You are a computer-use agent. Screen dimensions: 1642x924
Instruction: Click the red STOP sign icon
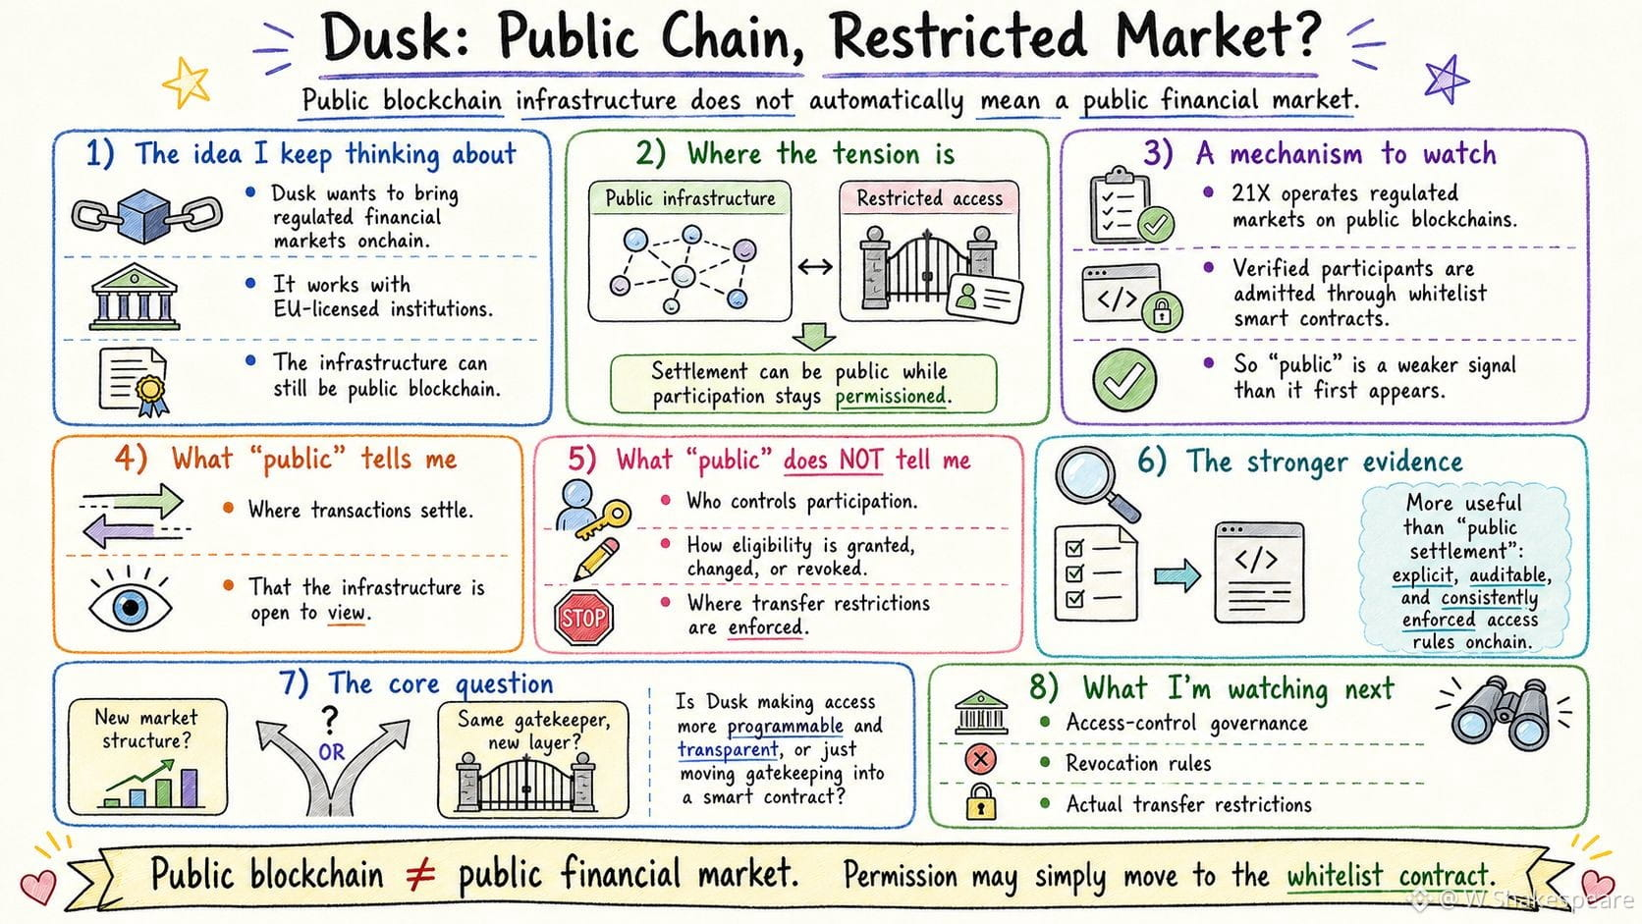pyautogui.click(x=583, y=618)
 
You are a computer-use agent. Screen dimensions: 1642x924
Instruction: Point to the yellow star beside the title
pyautogui.click(x=187, y=82)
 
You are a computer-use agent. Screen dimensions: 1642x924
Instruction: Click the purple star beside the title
pyautogui.click(x=1446, y=80)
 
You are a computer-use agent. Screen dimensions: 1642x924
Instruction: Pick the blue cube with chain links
pyautogui.click(x=146, y=216)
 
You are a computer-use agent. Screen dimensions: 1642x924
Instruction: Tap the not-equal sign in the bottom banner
pyautogui.click(x=420, y=875)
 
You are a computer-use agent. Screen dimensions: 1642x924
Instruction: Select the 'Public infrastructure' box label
pyautogui.click(x=689, y=198)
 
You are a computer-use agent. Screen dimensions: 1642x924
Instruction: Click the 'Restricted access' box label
pyautogui.click(x=929, y=198)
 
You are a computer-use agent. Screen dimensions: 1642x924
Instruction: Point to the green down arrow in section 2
pyautogui.click(x=814, y=337)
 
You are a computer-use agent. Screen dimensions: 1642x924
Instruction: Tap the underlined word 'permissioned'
pyautogui.click(x=892, y=397)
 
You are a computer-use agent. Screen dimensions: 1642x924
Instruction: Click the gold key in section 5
pyautogui.click(x=604, y=518)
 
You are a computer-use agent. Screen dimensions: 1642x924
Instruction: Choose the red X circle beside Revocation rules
pyautogui.click(x=980, y=759)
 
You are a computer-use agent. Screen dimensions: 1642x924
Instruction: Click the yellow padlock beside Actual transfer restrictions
pyautogui.click(x=981, y=801)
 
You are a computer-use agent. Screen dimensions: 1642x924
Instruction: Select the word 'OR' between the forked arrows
pyautogui.click(x=331, y=752)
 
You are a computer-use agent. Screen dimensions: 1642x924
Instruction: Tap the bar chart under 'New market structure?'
pyautogui.click(x=152, y=784)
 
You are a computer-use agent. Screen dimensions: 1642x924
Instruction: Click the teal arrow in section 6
pyautogui.click(x=1177, y=575)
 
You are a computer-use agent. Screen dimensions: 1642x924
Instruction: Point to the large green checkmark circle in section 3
pyautogui.click(x=1124, y=380)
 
